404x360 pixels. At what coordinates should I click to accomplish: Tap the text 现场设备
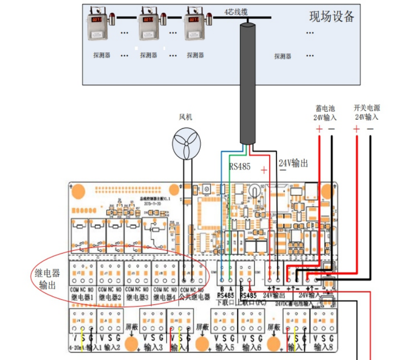click(x=332, y=18)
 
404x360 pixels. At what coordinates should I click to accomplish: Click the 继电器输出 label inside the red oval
click(x=48, y=279)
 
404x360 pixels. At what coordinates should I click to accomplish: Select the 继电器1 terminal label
click(x=83, y=297)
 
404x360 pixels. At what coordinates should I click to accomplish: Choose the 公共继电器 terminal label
click(x=194, y=297)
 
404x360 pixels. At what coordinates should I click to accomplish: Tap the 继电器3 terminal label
click(x=138, y=297)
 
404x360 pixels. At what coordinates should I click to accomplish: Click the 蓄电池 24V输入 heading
click(x=325, y=113)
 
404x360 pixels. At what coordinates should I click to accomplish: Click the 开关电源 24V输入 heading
click(x=366, y=113)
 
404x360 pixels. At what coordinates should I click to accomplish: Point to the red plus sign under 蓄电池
click(x=319, y=129)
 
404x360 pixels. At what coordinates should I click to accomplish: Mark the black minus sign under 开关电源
click(x=370, y=129)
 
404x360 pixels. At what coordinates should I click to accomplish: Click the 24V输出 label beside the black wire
click(x=293, y=163)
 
